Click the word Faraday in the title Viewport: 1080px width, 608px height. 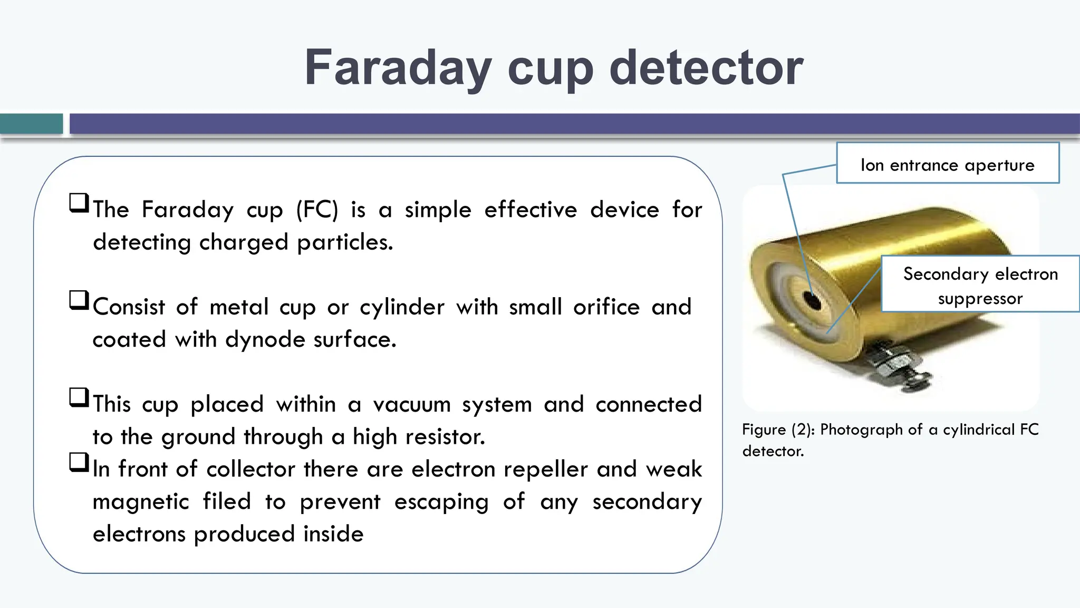(x=398, y=69)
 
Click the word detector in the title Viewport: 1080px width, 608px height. (x=706, y=69)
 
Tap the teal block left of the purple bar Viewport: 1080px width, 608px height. (x=31, y=124)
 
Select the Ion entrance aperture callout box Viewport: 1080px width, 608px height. (x=947, y=163)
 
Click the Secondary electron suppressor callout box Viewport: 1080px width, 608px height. (x=980, y=284)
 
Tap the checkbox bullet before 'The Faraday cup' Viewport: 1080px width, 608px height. (x=79, y=203)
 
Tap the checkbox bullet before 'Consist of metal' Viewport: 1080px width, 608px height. (x=79, y=300)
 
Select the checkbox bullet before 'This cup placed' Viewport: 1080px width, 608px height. (x=79, y=397)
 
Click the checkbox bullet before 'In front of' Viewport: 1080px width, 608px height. (x=79, y=462)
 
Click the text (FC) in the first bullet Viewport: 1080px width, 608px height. (x=317, y=210)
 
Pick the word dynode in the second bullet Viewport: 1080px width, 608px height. (x=265, y=340)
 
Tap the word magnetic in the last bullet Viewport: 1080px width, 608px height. (x=140, y=502)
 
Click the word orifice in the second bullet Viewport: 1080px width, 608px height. (x=606, y=307)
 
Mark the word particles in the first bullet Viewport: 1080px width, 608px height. (x=344, y=243)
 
